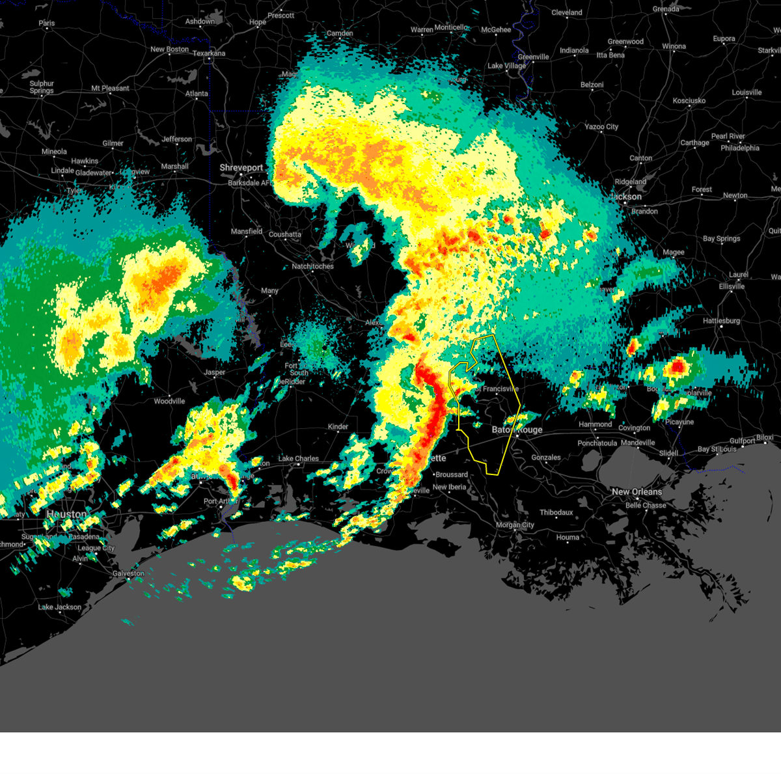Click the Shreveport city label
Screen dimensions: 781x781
pos(241,168)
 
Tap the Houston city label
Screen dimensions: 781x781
pos(67,514)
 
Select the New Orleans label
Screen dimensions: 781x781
pos(637,492)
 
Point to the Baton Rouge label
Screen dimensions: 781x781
pos(517,430)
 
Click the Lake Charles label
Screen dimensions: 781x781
pos(298,459)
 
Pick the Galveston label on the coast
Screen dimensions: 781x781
pos(128,573)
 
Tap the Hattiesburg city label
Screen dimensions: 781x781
pos(721,321)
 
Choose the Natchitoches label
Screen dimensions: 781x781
pos(312,266)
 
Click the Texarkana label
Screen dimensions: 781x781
pos(209,53)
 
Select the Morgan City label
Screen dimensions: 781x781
pos(515,525)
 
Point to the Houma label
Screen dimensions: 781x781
pos(568,538)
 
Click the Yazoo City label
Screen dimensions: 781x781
pos(601,127)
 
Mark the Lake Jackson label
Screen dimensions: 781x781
pos(60,607)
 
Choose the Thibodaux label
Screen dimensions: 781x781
pos(556,513)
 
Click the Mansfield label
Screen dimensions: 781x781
pos(247,232)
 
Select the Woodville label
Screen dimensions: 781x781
pos(169,402)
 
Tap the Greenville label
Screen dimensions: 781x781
pos(533,57)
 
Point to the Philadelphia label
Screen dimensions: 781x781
pos(740,148)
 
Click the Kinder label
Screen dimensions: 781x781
pos(338,427)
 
